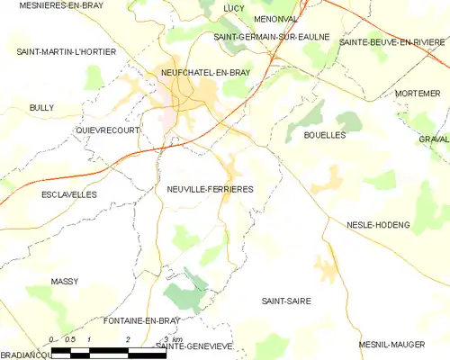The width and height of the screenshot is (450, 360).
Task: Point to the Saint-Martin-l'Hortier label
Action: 67,52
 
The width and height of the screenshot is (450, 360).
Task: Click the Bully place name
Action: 41,108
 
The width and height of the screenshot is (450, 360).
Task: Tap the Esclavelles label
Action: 68,193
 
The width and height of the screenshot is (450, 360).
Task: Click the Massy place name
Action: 64,282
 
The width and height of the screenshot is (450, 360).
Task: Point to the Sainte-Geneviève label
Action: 194,346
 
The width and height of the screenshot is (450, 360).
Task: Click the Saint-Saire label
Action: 285,301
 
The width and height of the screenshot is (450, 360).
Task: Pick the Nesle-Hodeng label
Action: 378,224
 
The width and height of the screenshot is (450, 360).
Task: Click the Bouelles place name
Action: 325,135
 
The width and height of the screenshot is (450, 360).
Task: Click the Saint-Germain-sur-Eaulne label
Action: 271,37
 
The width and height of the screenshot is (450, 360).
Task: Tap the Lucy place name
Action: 233,8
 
